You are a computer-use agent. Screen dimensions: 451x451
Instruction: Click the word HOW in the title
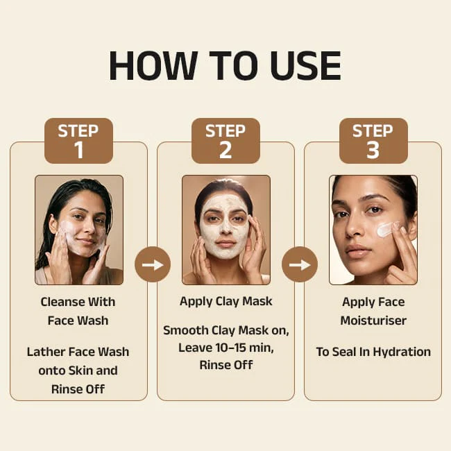click(153, 65)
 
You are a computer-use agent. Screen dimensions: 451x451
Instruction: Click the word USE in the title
click(306, 65)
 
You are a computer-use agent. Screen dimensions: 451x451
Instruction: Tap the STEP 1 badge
click(78, 141)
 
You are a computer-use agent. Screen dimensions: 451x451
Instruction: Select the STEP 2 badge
click(226, 141)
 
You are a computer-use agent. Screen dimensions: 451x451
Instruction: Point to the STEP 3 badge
click(373, 141)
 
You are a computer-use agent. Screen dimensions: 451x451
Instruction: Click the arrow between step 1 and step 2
click(153, 264)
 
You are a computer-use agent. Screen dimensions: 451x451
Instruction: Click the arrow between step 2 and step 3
click(300, 264)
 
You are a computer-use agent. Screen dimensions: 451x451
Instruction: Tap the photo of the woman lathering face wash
click(79, 230)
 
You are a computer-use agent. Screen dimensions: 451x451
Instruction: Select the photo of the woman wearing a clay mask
click(226, 230)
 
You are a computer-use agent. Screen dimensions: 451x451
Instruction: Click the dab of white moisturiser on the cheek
click(386, 229)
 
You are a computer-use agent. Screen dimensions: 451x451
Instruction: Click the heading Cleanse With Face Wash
click(78, 311)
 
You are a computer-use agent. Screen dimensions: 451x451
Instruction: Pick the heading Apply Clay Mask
click(226, 301)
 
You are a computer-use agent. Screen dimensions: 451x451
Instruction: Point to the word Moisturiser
click(373, 321)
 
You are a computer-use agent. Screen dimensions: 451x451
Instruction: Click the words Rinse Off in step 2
click(226, 365)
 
